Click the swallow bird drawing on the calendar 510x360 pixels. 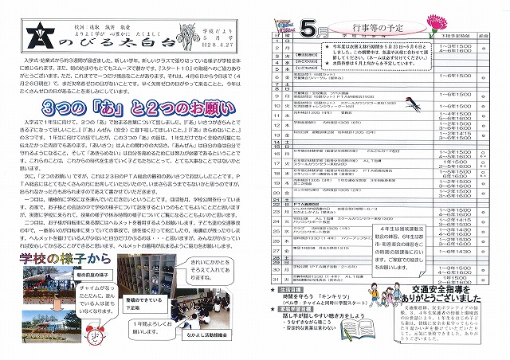[x=421, y=104]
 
